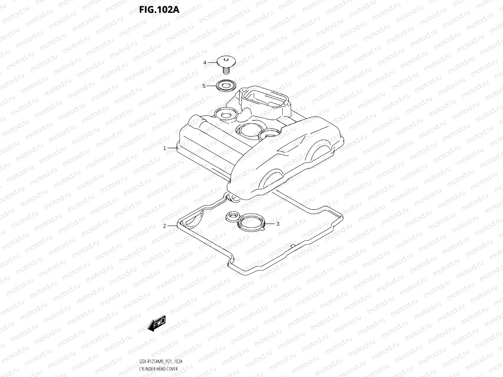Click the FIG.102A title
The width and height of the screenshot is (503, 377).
click(x=159, y=10)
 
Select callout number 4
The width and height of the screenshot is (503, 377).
click(x=205, y=63)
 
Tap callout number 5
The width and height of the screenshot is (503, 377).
click(x=204, y=86)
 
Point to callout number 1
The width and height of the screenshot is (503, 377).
click(x=165, y=148)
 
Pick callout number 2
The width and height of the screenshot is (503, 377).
click(x=165, y=226)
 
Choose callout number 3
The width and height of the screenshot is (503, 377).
click(x=277, y=224)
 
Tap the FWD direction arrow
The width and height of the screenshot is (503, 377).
click(x=157, y=323)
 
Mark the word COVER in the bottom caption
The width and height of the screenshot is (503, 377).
click(x=172, y=369)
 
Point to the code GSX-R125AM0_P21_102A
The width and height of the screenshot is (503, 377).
click(x=161, y=362)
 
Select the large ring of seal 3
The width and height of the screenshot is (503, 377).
click(x=251, y=223)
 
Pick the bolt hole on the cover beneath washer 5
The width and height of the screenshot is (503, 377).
click(x=224, y=114)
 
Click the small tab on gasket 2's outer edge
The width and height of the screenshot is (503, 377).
click(x=292, y=246)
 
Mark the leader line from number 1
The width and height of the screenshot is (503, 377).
click(x=172, y=148)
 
